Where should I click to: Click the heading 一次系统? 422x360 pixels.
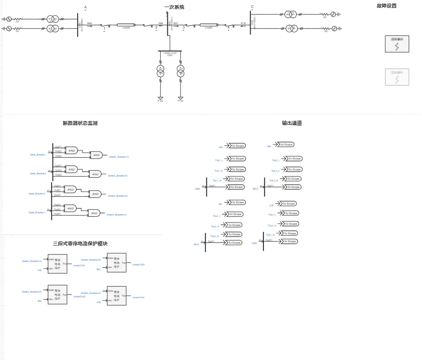pyautogui.click(x=174, y=7)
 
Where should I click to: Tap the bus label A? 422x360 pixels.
pyautogui.click(x=85, y=7)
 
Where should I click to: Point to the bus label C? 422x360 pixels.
pyautogui.click(x=252, y=7)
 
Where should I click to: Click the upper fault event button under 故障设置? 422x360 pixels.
pyautogui.click(x=397, y=44)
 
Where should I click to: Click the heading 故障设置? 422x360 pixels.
pyautogui.click(x=387, y=6)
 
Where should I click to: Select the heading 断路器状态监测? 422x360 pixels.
pyautogui.click(x=80, y=123)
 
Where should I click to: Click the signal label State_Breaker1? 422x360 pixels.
pyautogui.click(x=38, y=155)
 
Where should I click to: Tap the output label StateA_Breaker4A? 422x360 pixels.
pyautogui.click(x=117, y=215)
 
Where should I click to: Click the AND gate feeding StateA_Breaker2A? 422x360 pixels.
pyautogui.click(x=95, y=174)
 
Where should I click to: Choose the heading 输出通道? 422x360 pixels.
pyautogui.click(x=292, y=123)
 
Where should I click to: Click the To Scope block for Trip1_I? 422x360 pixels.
pyautogui.click(x=238, y=159)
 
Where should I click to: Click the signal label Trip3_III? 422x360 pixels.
pyautogui.click(x=274, y=180)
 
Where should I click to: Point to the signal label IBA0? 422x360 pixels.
pyautogui.click(x=196, y=244)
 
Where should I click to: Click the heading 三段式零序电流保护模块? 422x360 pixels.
pyautogui.click(x=80, y=244)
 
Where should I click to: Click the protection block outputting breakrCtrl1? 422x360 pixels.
pyautogui.click(x=58, y=264)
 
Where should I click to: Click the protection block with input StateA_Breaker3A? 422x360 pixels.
pyautogui.click(x=117, y=263)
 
